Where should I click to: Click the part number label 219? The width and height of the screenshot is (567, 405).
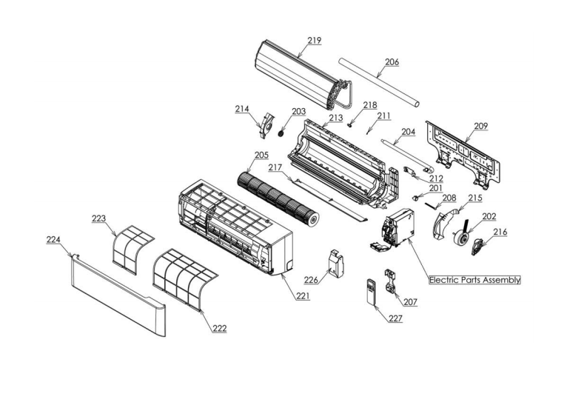click(x=314, y=41)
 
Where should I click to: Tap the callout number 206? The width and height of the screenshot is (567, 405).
click(x=392, y=62)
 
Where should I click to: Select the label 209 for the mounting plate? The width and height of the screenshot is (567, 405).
click(x=481, y=126)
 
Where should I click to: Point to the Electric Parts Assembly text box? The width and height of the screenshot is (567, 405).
click(x=474, y=281)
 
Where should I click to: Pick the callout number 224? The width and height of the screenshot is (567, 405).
click(x=53, y=240)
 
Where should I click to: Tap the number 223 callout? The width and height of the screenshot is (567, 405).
click(x=99, y=218)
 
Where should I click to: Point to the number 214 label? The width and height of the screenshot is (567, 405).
click(x=242, y=109)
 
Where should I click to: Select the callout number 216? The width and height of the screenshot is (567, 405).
click(x=500, y=232)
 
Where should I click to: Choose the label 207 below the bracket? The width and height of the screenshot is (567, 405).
click(x=409, y=302)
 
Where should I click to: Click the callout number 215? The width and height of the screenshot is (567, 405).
click(x=474, y=198)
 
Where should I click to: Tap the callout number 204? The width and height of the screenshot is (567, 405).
click(x=409, y=133)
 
